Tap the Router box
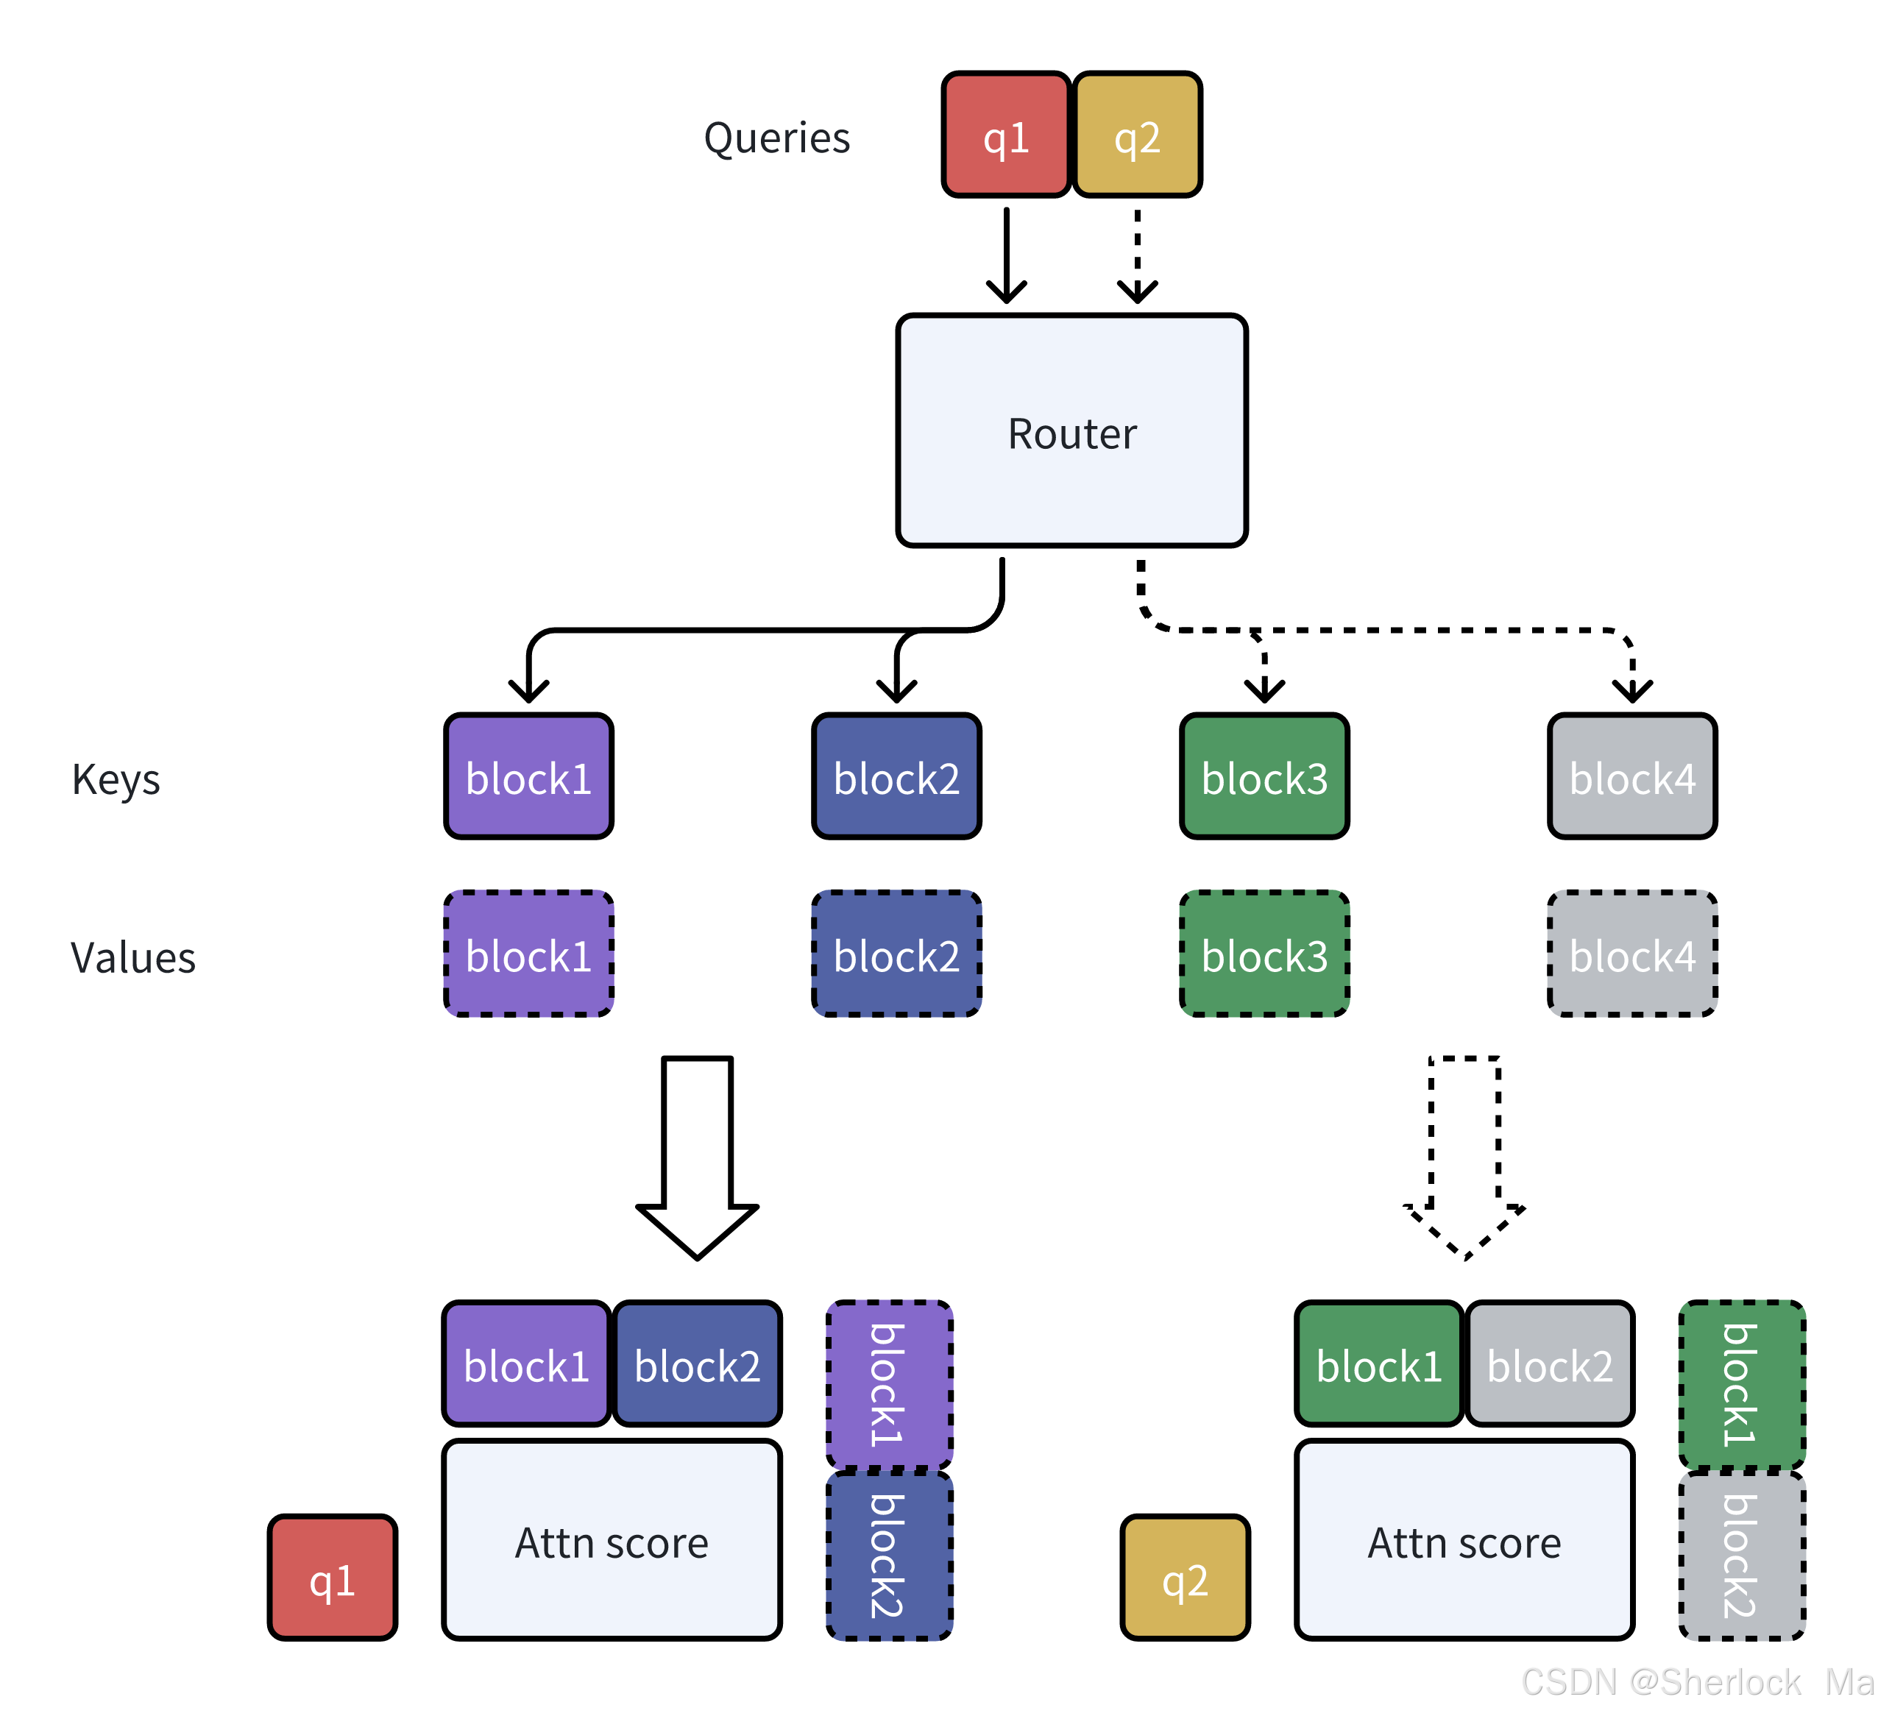(x=1072, y=430)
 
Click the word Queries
(x=777, y=138)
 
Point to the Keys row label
(x=116, y=780)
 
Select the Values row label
(x=133, y=957)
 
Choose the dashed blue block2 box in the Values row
(x=896, y=954)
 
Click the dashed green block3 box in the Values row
(x=1264, y=954)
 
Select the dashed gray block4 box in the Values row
(x=1632, y=954)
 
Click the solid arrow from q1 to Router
(x=1006, y=255)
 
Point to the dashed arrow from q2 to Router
(x=1138, y=255)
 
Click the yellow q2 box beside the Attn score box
(x=1185, y=1577)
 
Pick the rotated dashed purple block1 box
(x=890, y=1384)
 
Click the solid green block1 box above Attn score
(x=1378, y=1363)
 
